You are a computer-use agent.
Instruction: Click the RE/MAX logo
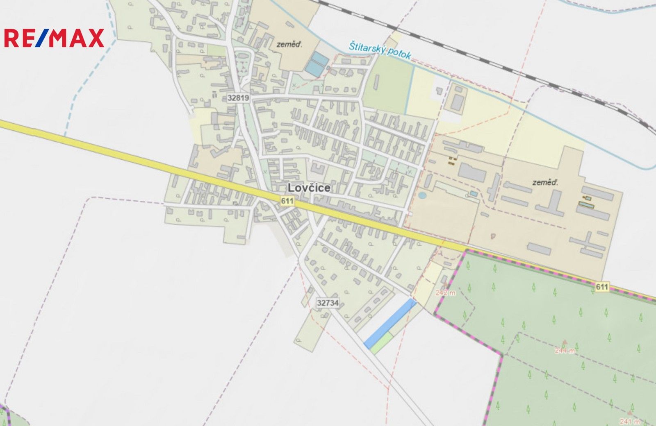54,38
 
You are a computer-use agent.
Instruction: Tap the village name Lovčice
309,188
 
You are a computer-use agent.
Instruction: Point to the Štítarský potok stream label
380,51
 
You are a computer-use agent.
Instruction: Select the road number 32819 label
238,98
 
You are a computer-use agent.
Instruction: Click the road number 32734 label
328,303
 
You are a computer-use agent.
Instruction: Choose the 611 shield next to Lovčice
287,201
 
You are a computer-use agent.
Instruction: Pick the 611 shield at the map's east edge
602,287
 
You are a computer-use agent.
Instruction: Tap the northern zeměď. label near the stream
289,44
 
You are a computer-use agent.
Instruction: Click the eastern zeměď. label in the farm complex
545,182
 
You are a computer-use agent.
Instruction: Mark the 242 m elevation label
445,292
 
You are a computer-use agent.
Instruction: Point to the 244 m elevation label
565,350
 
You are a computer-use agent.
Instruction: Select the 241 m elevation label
629,421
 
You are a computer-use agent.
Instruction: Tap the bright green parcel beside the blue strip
382,342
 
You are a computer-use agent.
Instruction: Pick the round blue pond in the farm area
422,195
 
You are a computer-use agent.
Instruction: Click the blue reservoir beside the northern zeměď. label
317,64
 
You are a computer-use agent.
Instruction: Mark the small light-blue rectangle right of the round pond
474,193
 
